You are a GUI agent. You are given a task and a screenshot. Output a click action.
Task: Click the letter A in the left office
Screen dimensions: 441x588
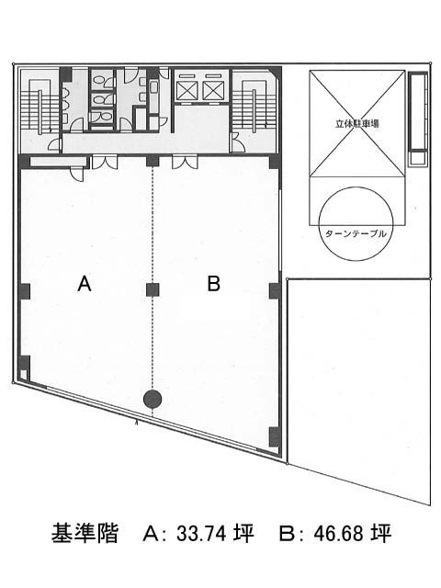tap(85, 283)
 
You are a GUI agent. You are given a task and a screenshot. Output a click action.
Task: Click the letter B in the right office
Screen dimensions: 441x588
tap(214, 283)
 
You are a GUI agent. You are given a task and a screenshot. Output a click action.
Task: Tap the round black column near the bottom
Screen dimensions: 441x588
tap(153, 400)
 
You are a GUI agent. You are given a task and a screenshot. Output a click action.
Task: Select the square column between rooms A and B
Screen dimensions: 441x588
tap(153, 289)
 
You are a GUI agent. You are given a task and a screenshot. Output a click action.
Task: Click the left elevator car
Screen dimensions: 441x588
tap(187, 90)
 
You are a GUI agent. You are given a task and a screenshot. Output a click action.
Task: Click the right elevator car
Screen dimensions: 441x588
tap(213, 90)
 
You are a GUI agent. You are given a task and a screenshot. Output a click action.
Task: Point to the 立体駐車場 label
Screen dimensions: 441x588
tap(357, 123)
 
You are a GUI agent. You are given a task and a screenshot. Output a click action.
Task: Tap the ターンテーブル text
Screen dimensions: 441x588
tap(356, 234)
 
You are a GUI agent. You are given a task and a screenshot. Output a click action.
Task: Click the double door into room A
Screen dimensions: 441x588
tap(105, 162)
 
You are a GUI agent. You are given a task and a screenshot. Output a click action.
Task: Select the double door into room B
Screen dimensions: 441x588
tap(185, 162)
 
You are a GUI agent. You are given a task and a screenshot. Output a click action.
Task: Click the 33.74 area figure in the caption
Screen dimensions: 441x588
tap(200, 533)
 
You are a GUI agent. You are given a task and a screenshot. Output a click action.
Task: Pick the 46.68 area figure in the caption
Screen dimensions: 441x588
tap(338, 533)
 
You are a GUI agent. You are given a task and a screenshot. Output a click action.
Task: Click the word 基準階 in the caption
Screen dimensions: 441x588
tap(85, 533)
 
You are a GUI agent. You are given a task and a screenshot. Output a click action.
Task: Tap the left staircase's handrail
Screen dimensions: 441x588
tap(40, 112)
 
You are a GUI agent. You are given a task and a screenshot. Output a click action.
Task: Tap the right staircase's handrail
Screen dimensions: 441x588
tap(254, 111)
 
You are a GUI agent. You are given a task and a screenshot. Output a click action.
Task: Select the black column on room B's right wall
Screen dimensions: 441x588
tap(275, 290)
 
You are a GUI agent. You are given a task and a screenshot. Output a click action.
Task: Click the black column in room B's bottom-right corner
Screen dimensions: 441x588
tap(275, 437)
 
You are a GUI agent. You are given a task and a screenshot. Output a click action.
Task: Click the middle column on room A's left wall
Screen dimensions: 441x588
tap(25, 291)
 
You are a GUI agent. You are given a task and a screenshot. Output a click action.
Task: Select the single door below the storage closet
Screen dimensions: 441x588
tap(77, 174)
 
